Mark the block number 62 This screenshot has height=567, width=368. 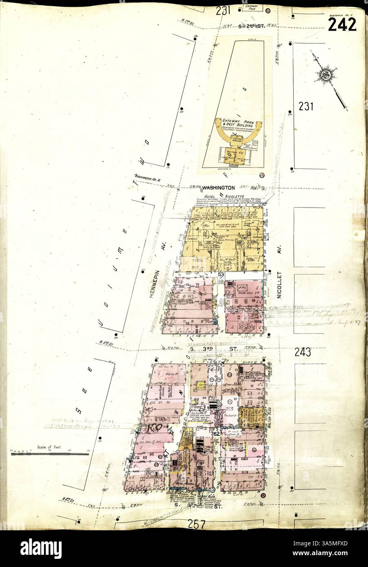tap(217, 434)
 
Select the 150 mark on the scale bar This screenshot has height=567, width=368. tap(88, 451)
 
